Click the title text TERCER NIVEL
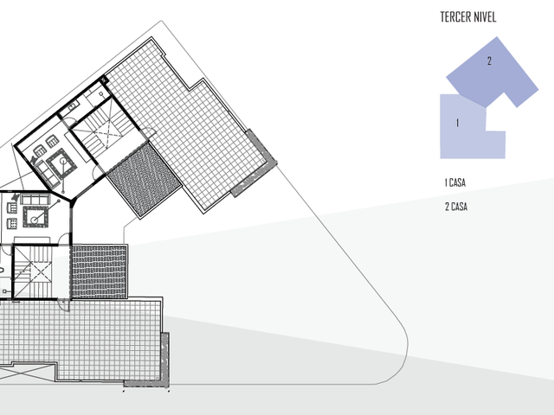tap(468, 17)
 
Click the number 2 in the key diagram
tap(489, 61)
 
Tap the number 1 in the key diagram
tap(458, 123)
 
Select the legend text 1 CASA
tap(455, 182)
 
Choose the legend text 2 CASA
tap(456, 207)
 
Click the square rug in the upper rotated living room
tap(61, 164)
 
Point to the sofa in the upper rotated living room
tap(47, 174)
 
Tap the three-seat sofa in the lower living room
tap(35, 200)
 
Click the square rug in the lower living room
tap(35, 217)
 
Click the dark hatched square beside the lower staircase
tap(100, 271)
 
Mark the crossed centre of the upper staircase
tap(106, 133)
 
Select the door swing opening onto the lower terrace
tap(64, 304)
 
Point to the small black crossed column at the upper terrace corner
tap(104, 80)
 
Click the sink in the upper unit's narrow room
tap(73, 105)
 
